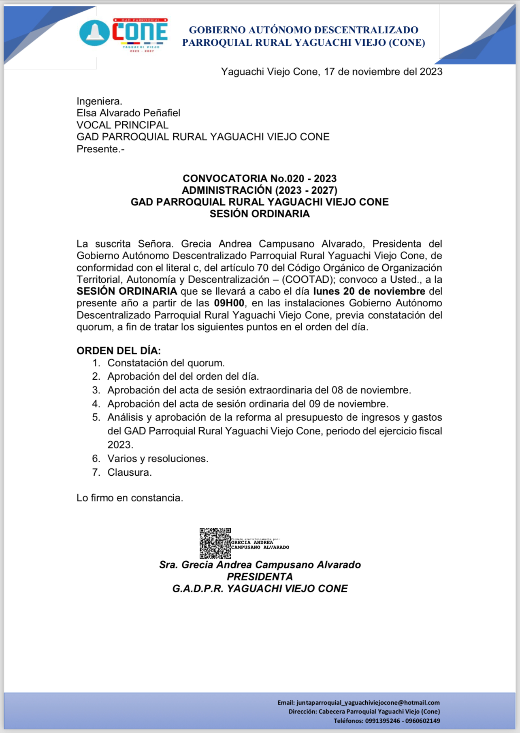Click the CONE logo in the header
(x=124, y=34)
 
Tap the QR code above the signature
(x=215, y=543)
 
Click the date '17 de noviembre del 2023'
(x=383, y=72)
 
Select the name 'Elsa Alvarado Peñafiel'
(x=128, y=113)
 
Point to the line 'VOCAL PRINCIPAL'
(x=122, y=125)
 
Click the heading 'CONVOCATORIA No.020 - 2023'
(x=260, y=178)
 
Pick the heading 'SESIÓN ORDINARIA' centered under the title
(x=260, y=214)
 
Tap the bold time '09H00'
(x=229, y=303)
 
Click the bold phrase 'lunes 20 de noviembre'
(x=369, y=291)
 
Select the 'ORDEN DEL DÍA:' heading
(x=119, y=350)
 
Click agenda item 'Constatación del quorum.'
(x=166, y=363)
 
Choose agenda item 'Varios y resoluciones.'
(x=158, y=459)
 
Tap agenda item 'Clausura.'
(x=130, y=472)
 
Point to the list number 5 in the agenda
(x=96, y=417)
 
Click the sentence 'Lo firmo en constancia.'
(x=130, y=498)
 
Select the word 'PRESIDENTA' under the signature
(x=260, y=577)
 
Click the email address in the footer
(x=368, y=703)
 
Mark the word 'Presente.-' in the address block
(x=100, y=149)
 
